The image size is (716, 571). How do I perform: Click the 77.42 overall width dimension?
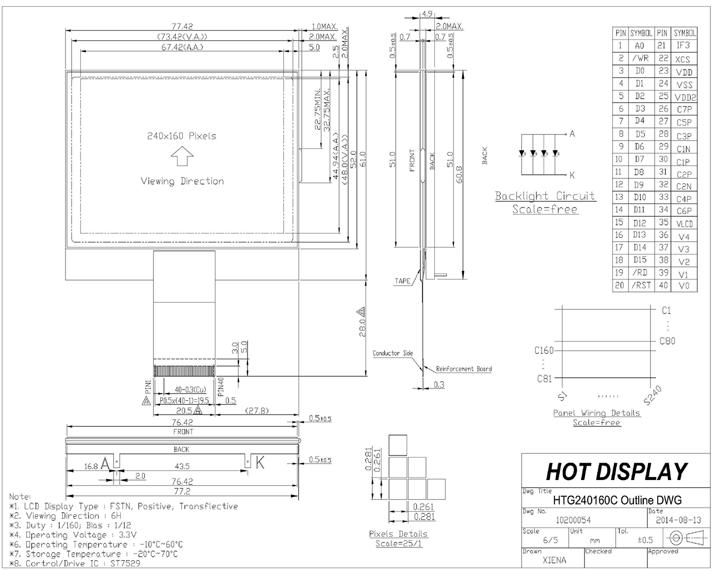tap(182, 26)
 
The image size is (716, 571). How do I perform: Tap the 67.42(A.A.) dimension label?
tap(182, 47)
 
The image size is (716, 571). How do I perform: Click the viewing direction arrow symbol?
tap(182, 156)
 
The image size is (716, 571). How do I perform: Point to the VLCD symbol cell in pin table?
tap(684, 224)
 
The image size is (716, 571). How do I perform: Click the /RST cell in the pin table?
tap(641, 285)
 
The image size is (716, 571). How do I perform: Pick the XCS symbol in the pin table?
tap(682, 59)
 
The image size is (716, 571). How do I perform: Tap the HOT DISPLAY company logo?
tap(616, 471)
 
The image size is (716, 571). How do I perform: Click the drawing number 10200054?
tap(574, 520)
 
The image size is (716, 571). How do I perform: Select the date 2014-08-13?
tap(678, 520)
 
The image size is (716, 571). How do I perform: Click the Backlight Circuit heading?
tap(545, 196)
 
